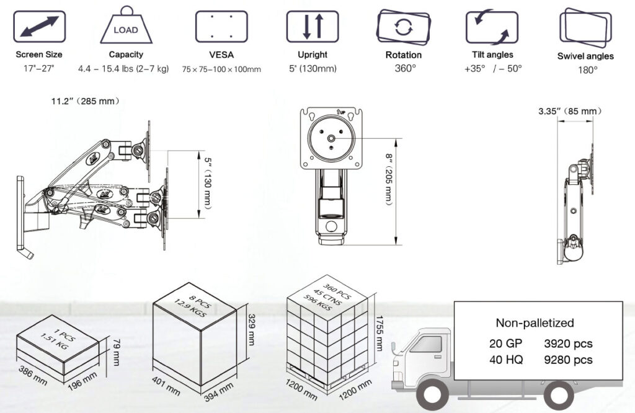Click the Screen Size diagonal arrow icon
pos(39,27)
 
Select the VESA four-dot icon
pos(221,27)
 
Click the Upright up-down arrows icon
pos(312,27)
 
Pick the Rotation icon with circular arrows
pos(404,27)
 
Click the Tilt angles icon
pos(492,27)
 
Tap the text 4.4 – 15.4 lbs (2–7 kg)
pos(123,69)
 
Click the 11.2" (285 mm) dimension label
pos(86,101)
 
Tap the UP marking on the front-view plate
pos(340,112)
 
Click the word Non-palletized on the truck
pos(535,322)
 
